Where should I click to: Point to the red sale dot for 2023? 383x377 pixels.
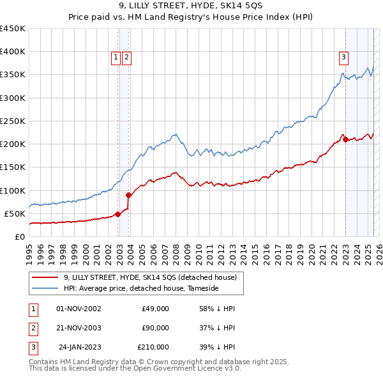click(x=345, y=140)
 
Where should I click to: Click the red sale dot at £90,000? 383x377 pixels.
click(x=129, y=195)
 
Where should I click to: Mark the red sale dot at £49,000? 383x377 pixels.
click(x=117, y=214)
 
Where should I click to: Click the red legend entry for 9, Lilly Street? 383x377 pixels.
click(x=150, y=277)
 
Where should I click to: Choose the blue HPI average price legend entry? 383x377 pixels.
click(x=141, y=288)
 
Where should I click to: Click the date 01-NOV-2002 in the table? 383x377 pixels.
click(x=79, y=309)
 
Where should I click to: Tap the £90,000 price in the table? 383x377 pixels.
click(x=155, y=328)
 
